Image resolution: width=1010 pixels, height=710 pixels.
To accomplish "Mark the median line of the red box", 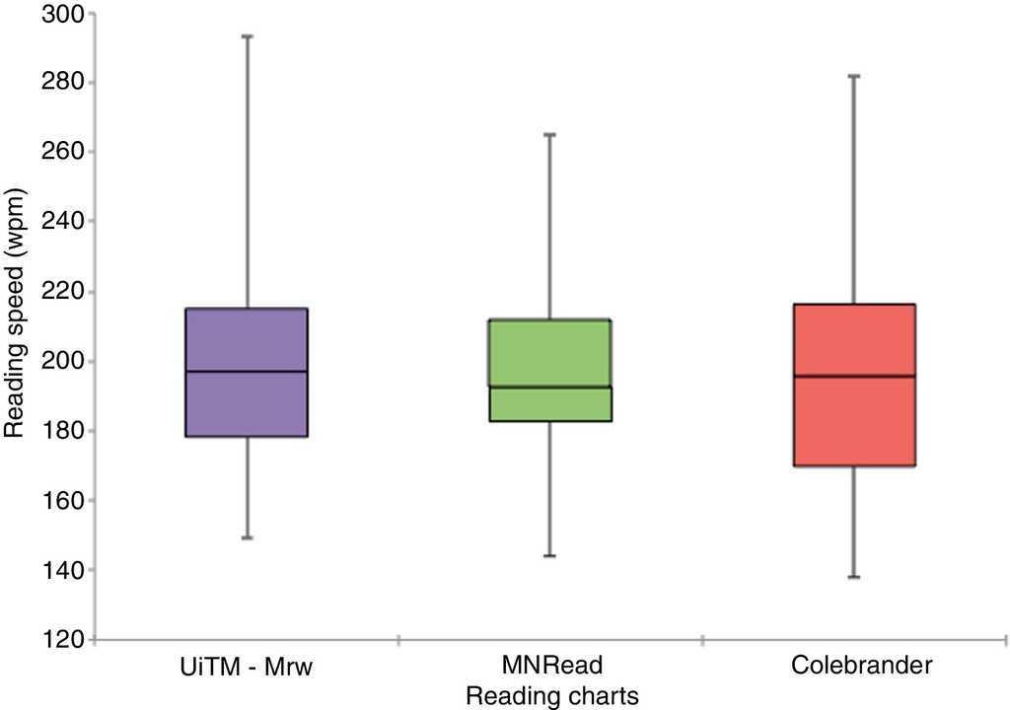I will click(855, 376).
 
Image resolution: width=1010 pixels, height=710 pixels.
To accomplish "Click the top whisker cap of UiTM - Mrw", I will click(247, 35).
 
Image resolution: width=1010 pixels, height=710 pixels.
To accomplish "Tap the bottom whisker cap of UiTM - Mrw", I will click(247, 537).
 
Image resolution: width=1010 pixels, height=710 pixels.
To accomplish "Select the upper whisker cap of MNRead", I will click(550, 133).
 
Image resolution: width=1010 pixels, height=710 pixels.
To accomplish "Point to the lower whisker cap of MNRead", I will click(550, 556).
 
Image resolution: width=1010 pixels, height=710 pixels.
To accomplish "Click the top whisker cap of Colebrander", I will click(855, 75).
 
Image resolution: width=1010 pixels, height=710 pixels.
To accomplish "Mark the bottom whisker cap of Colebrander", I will click(855, 577).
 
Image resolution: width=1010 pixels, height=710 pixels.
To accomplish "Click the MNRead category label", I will click(551, 667).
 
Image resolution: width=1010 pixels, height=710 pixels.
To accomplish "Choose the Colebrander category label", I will click(861, 667).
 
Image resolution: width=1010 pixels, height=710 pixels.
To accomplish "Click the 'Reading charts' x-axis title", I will click(551, 695).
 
